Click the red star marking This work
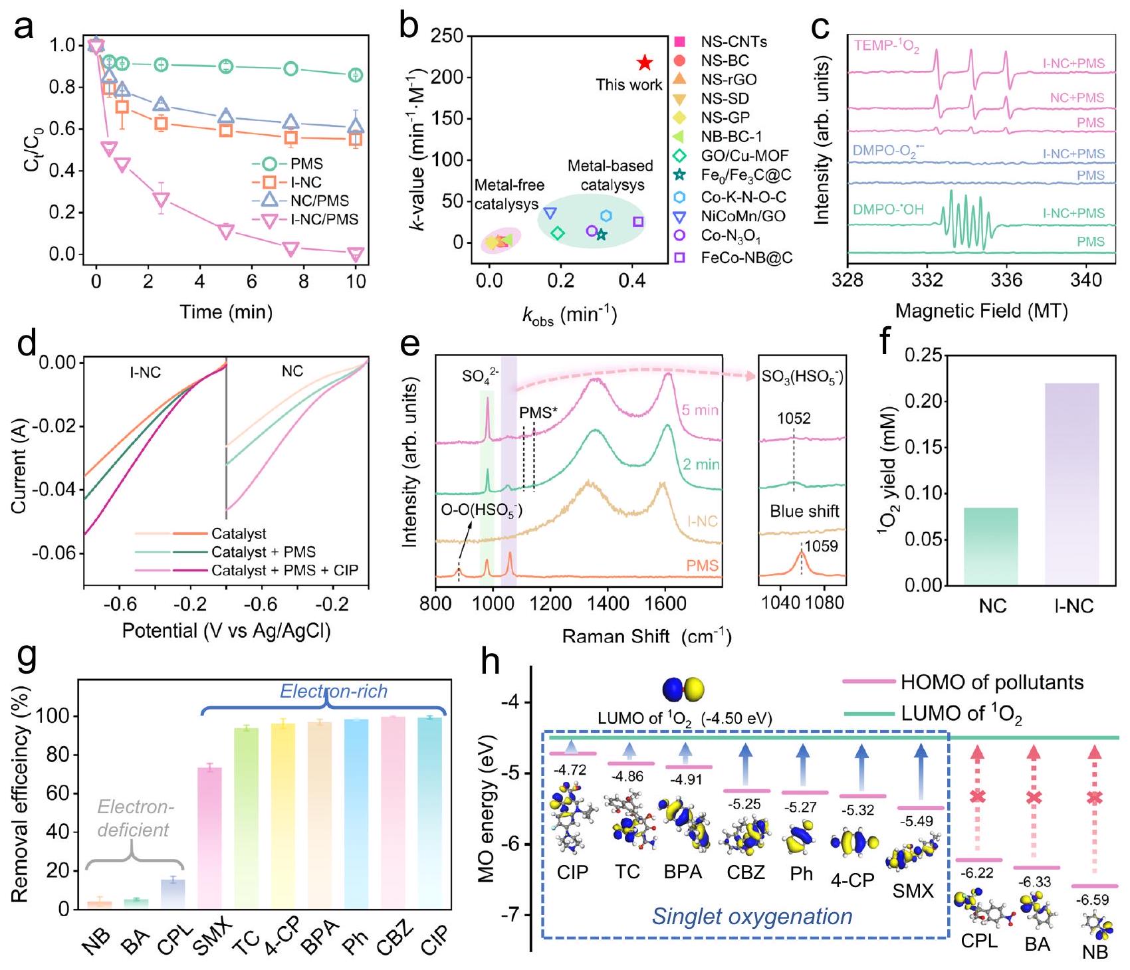pos(644,63)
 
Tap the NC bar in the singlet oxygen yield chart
pos(991,546)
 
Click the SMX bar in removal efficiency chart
pos(209,837)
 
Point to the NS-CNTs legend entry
pos(733,42)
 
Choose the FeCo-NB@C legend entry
pos(746,257)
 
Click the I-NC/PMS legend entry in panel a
pos(323,219)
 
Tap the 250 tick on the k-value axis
pos(447,35)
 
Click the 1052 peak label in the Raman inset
pos(794,419)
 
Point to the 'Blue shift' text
pos(804,512)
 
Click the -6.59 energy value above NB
pos(1092,900)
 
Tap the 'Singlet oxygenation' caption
pos(752,916)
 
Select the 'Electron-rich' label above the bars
pos(333,692)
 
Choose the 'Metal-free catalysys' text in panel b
pos(508,195)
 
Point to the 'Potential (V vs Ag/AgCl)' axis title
pos(226,630)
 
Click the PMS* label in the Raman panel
pos(538,413)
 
